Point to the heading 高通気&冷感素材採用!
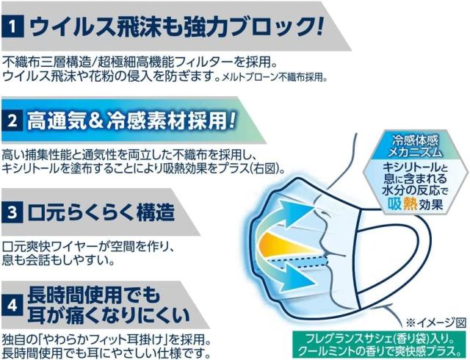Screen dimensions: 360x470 (x=132, y=119)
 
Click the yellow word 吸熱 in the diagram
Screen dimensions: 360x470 (x=403, y=201)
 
